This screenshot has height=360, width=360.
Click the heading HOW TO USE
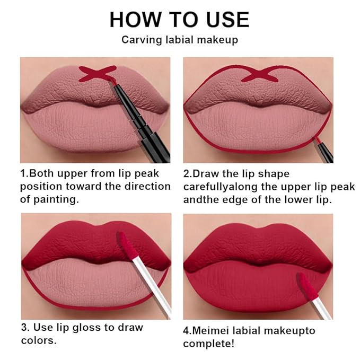(x=179, y=20)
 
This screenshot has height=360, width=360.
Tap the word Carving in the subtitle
(x=139, y=40)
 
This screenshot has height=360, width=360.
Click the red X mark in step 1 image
(x=99, y=74)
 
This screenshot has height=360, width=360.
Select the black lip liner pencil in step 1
(x=143, y=121)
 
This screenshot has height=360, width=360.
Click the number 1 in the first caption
(x=23, y=173)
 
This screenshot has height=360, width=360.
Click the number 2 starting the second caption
(x=186, y=173)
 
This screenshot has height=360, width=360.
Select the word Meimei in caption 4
(x=216, y=330)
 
